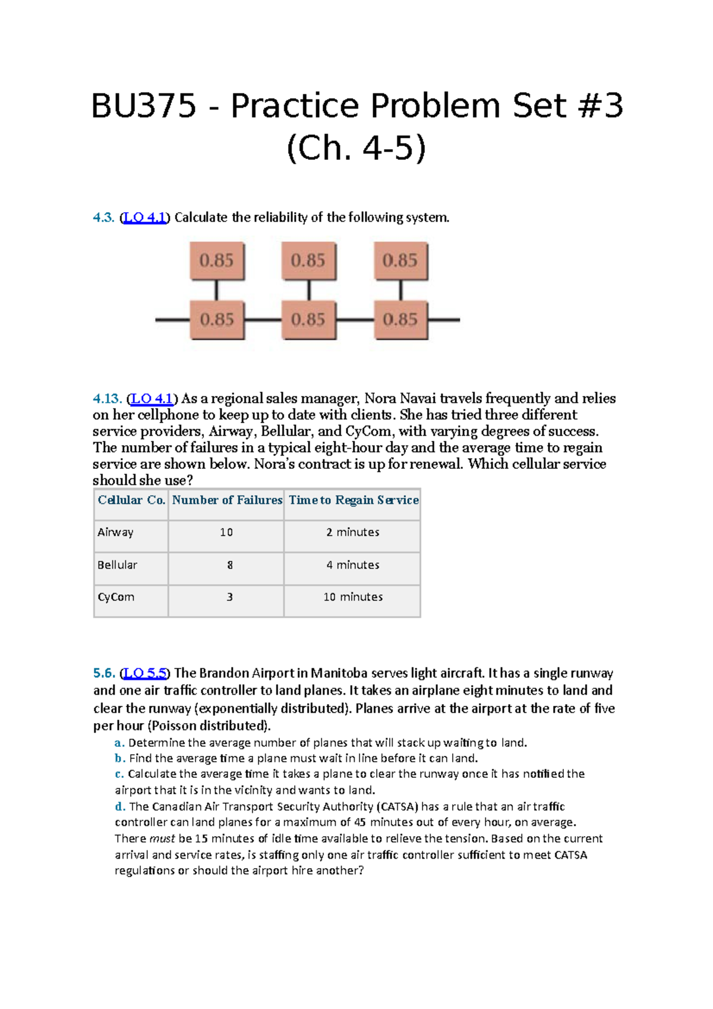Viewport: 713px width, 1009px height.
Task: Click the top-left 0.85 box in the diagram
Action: coord(217,260)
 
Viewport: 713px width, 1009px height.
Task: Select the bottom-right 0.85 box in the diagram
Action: coord(400,320)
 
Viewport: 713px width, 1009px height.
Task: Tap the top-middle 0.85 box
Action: coord(308,260)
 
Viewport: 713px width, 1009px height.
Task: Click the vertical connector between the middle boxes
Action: coord(309,291)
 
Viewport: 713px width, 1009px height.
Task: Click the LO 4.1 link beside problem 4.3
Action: coord(145,217)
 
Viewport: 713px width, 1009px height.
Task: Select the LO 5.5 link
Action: coord(145,673)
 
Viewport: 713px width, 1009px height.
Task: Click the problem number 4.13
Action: coord(107,398)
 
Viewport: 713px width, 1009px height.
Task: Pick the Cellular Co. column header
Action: coord(131,500)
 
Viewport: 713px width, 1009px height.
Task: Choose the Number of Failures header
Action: coord(227,500)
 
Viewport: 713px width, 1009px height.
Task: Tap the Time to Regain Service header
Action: coord(354,500)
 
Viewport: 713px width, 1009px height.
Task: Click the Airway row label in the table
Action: coord(115,532)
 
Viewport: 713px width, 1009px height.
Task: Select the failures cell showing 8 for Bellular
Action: coord(229,565)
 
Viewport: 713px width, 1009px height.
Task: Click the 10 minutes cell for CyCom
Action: coord(353,597)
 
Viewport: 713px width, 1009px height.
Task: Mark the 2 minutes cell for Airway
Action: coord(352,532)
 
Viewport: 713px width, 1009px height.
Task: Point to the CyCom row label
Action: coord(116,597)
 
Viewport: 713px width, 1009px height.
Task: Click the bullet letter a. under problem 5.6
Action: coord(119,743)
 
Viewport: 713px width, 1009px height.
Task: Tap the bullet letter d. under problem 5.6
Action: coord(120,807)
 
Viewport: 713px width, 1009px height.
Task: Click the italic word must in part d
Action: coord(162,838)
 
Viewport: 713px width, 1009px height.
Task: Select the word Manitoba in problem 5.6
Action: coord(339,673)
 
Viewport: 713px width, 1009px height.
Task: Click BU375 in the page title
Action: coord(143,106)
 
